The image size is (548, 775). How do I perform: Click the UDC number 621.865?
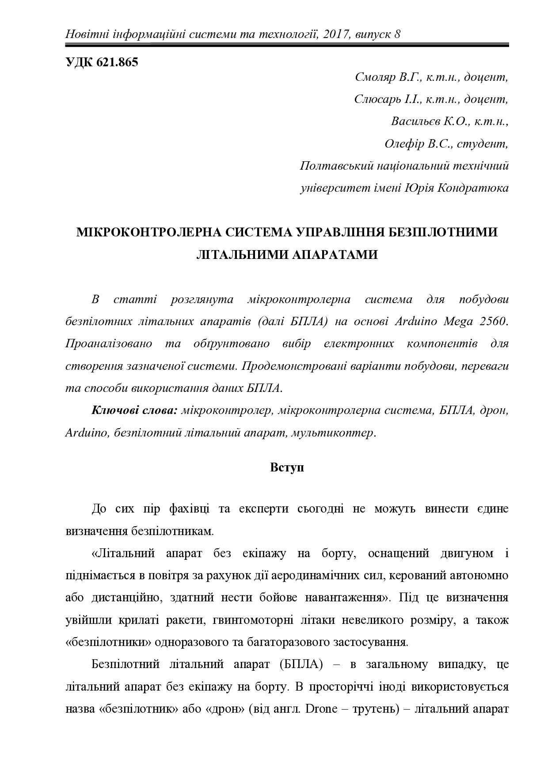(x=116, y=62)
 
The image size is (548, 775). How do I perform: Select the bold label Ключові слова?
(x=134, y=410)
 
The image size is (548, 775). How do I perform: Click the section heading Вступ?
(x=287, y=467)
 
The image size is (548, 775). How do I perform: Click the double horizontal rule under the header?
(x=287, y=45)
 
